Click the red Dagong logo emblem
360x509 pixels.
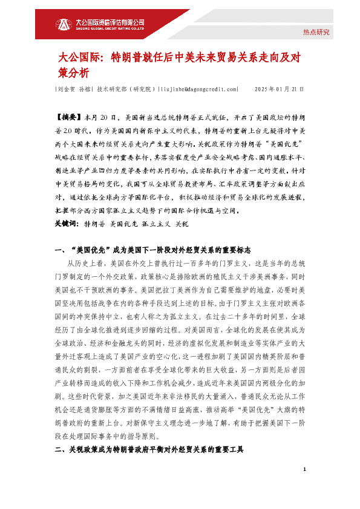64,24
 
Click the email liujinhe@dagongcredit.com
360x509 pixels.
198,89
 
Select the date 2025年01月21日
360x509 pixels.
280,89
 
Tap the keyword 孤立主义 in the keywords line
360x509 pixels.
153,223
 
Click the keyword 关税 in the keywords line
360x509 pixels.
181,223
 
